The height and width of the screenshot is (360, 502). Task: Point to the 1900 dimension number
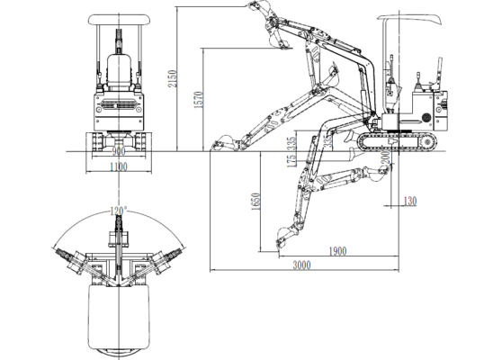pos(338,250)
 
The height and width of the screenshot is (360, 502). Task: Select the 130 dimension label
pos(409,201)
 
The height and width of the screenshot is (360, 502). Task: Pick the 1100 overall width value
pos(118,166)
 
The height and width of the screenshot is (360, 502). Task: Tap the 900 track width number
pos(118,152)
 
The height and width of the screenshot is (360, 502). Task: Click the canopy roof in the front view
pos(118,21)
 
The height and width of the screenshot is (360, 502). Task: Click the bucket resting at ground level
pos(220,142)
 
